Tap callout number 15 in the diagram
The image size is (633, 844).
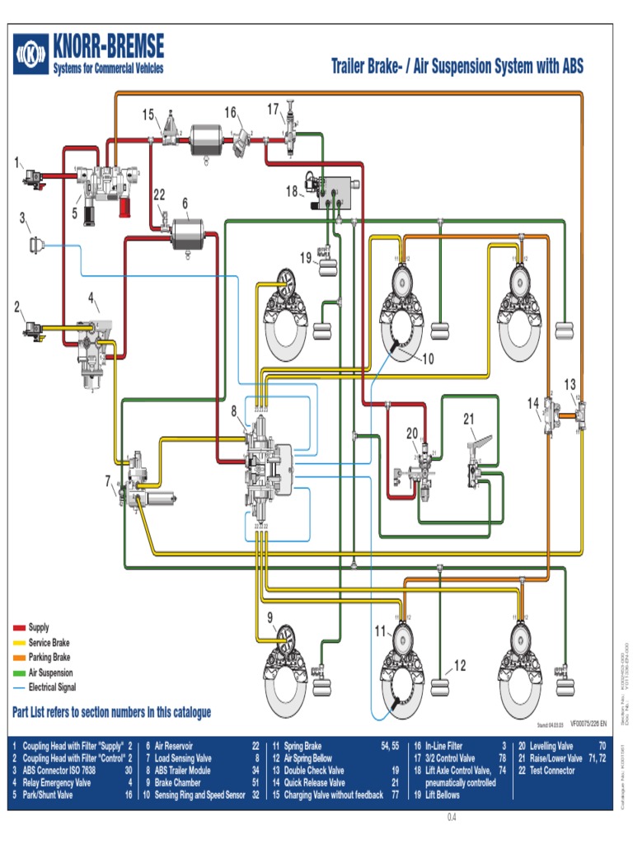click(148, 114)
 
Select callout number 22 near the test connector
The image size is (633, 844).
click(160, 195)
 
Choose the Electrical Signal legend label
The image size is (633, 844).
click(63, 687)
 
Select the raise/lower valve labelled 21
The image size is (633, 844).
click(478, 474)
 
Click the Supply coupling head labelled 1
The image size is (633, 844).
click(34, 176)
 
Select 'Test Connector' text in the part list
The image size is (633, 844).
click(551, 771)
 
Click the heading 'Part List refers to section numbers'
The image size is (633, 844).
click(112, 712)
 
